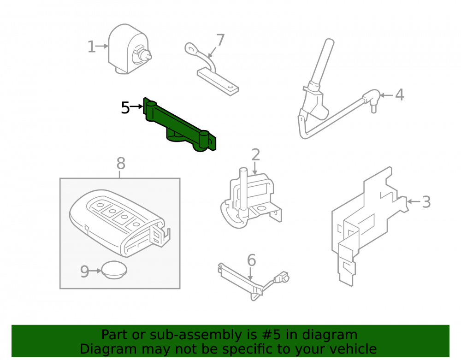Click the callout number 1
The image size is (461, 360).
(x=91, y=47)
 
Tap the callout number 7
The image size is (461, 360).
(x=220, y=40)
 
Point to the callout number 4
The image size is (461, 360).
(x=399, y=94)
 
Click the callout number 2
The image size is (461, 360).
(x=256, y=154)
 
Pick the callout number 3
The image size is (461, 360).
(x=426, y=202)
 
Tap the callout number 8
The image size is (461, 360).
(x=121, y=163)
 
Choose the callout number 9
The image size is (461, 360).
(x=84, y=271)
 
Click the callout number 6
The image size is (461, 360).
(x=251, y=260)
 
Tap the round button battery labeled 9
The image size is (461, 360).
(x=114, y=270)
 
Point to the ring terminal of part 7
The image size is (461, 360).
(x=191, y=48)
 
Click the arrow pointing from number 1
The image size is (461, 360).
(x=102, y=46)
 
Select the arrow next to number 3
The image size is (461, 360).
(x=414, y=201)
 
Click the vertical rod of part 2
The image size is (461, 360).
(x=243, y=191)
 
